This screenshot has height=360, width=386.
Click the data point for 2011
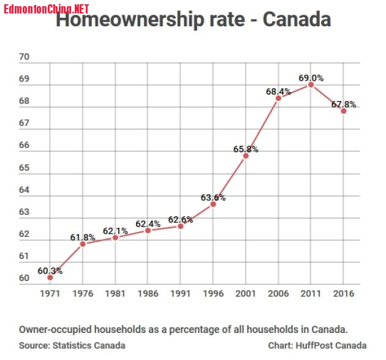[311, 85]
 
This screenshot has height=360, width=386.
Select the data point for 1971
[50, 277]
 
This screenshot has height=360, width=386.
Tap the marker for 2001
[246, 156]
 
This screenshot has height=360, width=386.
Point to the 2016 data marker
[344, 111]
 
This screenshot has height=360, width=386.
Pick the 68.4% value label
[278, 91]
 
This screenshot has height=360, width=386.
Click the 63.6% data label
[213, 197]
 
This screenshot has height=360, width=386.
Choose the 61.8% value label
[83, 237]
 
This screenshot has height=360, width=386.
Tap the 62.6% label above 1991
[180, 219]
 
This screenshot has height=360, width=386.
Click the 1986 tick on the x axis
[148, 293]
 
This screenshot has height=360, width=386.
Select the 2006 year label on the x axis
[278, 293]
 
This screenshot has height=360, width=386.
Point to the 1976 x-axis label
[83, 293]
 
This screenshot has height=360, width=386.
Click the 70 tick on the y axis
[25, 58]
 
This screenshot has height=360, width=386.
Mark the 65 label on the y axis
[25, 168]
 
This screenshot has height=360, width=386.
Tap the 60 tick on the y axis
[25, 279]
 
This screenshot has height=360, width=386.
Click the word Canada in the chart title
[297, 20]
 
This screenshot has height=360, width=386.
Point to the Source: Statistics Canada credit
[72, 345]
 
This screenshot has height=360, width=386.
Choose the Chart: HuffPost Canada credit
[317, 345]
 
